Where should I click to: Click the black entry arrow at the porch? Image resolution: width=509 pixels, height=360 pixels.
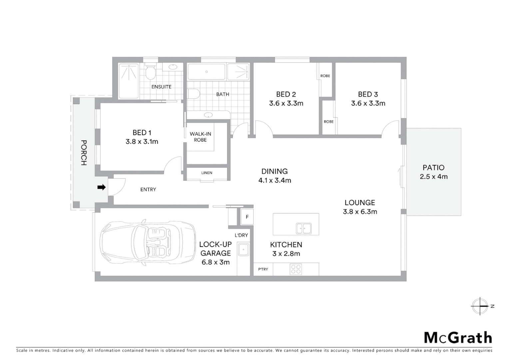click(x=101, y=187)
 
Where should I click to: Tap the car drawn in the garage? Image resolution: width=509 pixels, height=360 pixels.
click(x=148, y=243)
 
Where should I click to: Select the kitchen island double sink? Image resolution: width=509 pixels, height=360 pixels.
click(x=303, y=228)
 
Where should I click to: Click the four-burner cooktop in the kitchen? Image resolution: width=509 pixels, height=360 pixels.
click(x=296, y=269)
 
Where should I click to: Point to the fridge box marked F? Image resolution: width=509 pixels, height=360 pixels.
click(x=247, y=217)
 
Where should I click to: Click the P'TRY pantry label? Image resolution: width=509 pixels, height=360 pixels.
click(x=263, y=269)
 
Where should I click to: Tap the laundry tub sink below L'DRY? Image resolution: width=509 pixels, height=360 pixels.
click(x=243, y=250)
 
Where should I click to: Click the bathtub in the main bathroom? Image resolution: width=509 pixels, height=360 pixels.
click(x=207, y=72)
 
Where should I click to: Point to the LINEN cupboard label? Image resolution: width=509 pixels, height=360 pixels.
click(x=207, y=173)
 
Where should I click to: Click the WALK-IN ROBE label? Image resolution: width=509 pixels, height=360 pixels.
click(x=200, y=137)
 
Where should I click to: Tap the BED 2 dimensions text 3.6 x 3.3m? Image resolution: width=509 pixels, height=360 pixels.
click(x=286, y=103)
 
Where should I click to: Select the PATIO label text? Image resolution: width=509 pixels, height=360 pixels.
click(x=433, y=168)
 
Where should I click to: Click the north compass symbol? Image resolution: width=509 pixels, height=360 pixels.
click(x=480, y=306)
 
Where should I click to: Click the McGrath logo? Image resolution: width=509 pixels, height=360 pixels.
click(x=458, y=338)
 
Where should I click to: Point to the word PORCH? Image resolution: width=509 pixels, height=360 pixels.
click(x=84, y=153)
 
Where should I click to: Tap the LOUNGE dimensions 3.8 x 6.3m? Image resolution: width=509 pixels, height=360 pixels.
click(x=360, y=212)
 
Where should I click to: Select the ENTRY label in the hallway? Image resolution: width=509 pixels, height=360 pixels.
click(x=148, y=190)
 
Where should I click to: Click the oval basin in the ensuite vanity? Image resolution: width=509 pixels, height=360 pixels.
click(x=173, y=67)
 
